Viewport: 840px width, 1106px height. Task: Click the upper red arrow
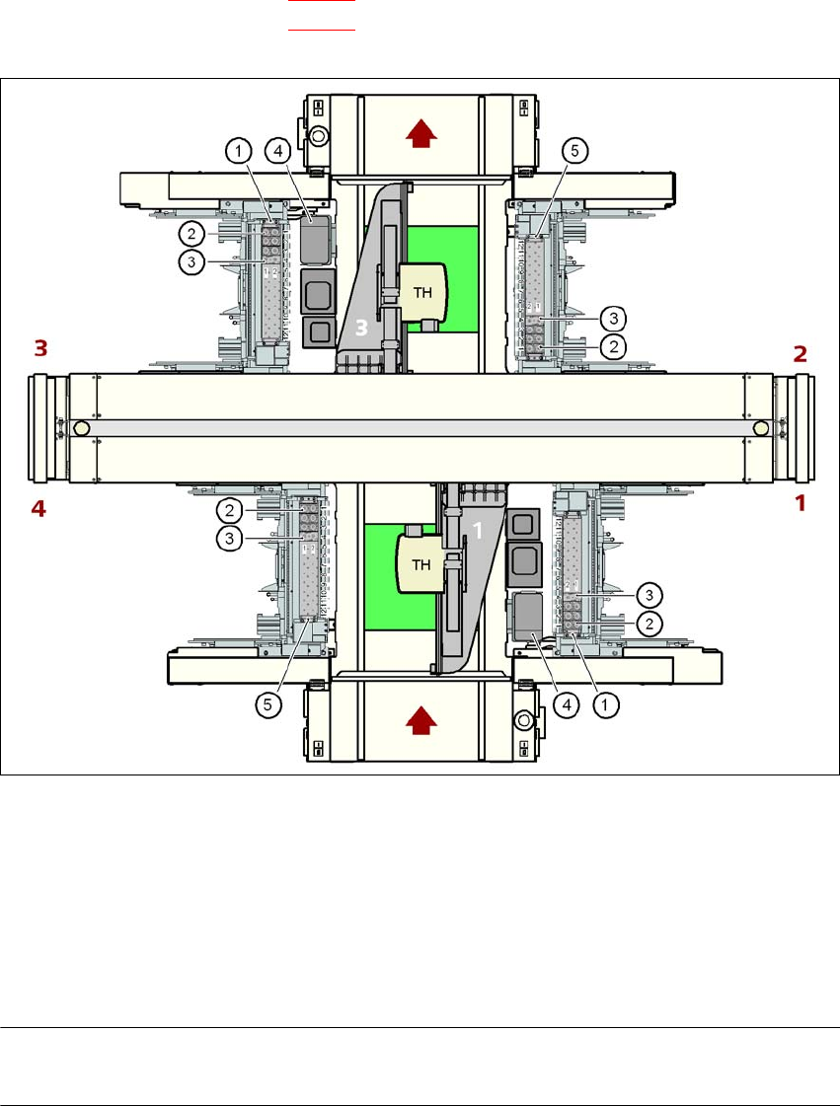[x=421, y=135]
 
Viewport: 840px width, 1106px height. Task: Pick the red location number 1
[x=802, y=502]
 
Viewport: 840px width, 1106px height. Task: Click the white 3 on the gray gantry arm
[x=361, y=330]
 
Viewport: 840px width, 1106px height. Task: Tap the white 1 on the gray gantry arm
[x=476, y=531]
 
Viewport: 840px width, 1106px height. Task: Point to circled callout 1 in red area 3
[x=236, y=151]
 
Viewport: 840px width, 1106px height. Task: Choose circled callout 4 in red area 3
[x=279, y=151]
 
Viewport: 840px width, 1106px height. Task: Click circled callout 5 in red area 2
[x=576, y=151]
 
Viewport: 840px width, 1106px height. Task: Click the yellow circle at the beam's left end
[x=81, y=429]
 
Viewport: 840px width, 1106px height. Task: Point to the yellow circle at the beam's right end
[x=761, y=429]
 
